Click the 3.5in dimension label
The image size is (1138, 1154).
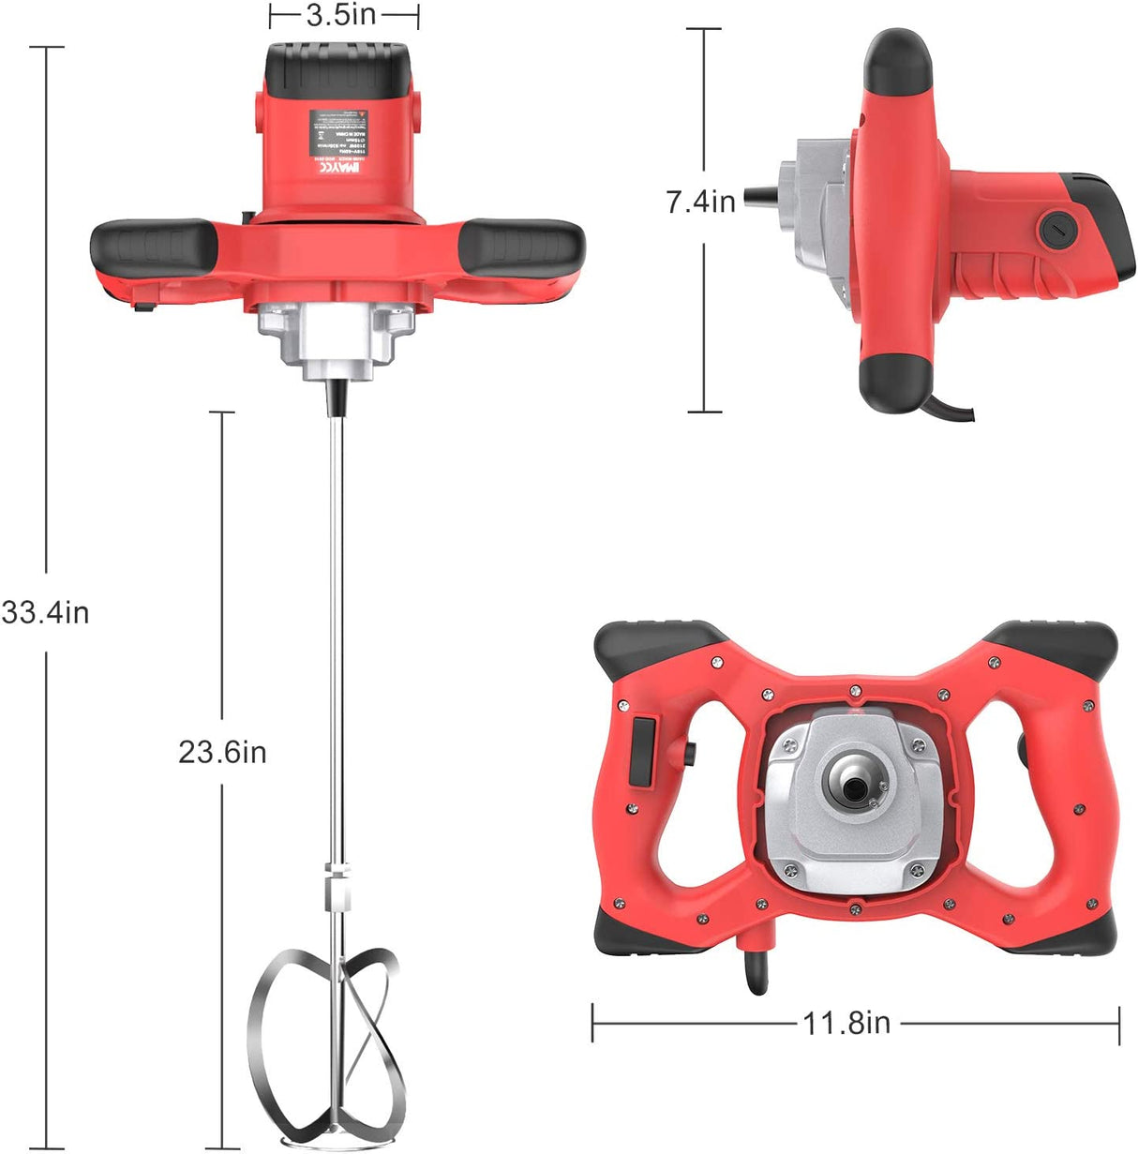(343, 16)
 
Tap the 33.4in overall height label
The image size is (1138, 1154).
(46, 613)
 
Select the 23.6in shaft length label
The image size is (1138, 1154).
(222, 752)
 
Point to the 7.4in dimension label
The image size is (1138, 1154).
(700, 201)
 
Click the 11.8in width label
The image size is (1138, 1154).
(846, 1023)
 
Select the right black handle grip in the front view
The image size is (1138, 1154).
(521, 247)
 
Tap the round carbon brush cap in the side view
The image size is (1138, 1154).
(1056, 226)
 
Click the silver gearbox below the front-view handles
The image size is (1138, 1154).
(337, 342)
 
